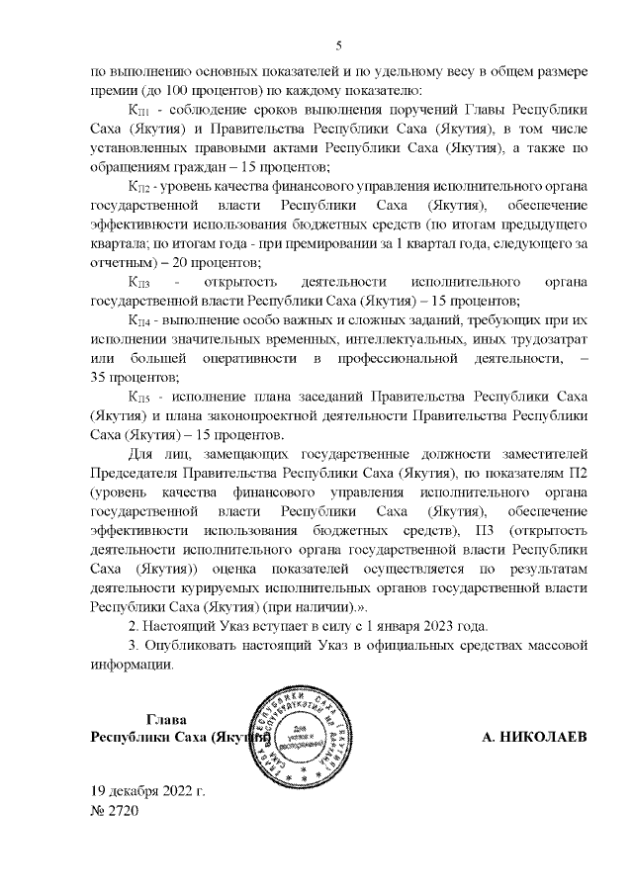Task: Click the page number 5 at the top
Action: click(x=338, y=45)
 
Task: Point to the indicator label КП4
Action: click(x=138, y=322)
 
